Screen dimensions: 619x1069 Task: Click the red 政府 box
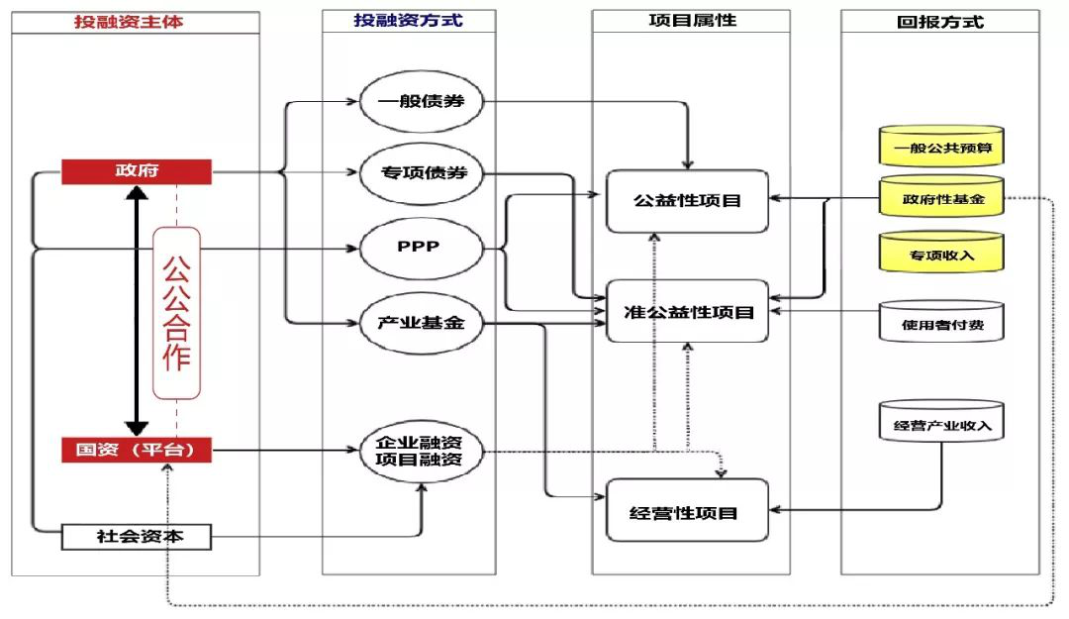coord(137,171)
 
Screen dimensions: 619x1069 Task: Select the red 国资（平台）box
coord(137,451)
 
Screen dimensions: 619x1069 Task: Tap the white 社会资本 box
coord(137,537)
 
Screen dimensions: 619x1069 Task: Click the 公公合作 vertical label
coord(176,313)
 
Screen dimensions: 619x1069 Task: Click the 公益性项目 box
coord(688,201)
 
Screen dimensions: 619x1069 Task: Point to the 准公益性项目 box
coord(688,312)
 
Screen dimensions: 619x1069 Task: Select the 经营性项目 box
coord(686,511)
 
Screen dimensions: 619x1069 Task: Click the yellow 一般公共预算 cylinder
coord(941,149)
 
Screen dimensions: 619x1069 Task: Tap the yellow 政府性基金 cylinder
coord(941,199)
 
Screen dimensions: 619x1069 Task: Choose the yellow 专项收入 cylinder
coord(941,254)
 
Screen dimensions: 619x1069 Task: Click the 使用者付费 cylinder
coord(941,323)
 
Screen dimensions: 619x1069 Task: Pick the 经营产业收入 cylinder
coord(941,427)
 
